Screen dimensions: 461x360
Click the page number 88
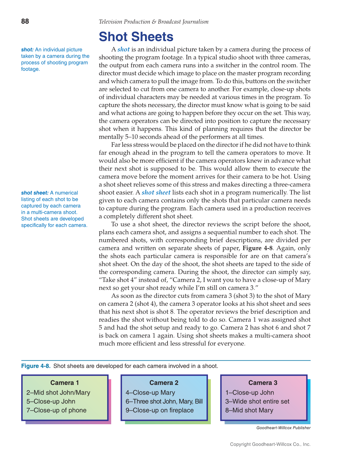[x=25, y=21]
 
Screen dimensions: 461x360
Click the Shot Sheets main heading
[x=136, y=37]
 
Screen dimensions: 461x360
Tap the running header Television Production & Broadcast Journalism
[x=153, y=22]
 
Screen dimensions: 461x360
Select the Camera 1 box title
[x=64, y=383]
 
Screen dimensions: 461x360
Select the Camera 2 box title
[x=164, y=383]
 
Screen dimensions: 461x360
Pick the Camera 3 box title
[x=263, y=383]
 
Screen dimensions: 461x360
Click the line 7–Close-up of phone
[x=56, y=410]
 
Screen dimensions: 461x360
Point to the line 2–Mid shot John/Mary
[x=58, y=393]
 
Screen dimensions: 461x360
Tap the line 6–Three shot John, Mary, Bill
[x=164, y=401]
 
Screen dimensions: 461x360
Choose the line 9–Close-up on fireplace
[x=159, y=410]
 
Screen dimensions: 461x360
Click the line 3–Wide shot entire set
[x=257, y=401]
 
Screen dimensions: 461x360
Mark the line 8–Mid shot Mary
[x=249, y=410]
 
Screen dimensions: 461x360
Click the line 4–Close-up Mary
[x=150, y=393]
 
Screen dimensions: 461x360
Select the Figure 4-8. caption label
[x=36, y=366]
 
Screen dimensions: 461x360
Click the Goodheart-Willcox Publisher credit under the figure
[x=283, y=428]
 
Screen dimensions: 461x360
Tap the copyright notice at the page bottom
[x=270, y=444]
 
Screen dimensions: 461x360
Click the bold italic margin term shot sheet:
[x=35, y=193]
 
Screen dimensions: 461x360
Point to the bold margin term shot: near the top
[x=27, y=50]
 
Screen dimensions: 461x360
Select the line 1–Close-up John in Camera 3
[x=249, y=393]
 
